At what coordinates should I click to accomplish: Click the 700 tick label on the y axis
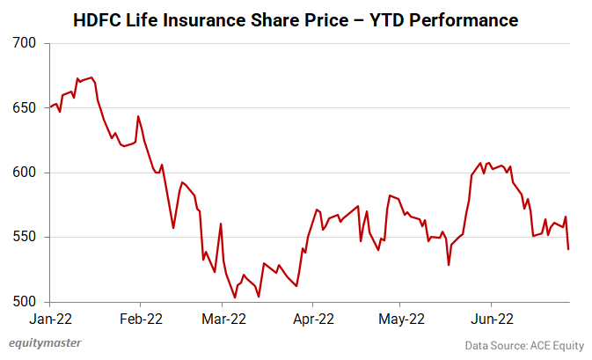[x=26, y=43]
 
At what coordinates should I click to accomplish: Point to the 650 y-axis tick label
[x=26, y=108]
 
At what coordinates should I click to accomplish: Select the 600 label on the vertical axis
[x=26, y=173]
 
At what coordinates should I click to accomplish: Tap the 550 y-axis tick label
[x=26, y=238]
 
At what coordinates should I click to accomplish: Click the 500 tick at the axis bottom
[x=26, y=302]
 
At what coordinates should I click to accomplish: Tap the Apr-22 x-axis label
[x=313, y=320]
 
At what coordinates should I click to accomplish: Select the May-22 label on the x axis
[x=401, y=320]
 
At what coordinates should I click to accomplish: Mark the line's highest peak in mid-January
[x=92, y=77]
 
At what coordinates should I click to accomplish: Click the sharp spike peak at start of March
[x=221, y=224]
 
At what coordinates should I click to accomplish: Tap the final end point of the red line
[x=568, y=249]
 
